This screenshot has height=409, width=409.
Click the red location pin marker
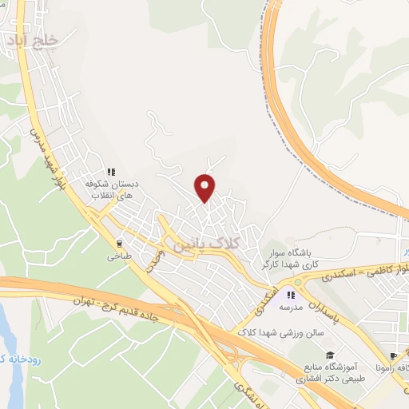click(x=205, y=187)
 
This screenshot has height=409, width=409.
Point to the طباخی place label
click(x=119, y=258)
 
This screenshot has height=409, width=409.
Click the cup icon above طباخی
click(x=120, y=244)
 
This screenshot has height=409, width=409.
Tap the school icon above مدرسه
click(x=291, y=295)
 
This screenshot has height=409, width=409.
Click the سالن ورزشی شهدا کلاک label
click(x=276, y=332)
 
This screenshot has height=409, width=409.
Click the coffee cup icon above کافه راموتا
click(x=393, y=356)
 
